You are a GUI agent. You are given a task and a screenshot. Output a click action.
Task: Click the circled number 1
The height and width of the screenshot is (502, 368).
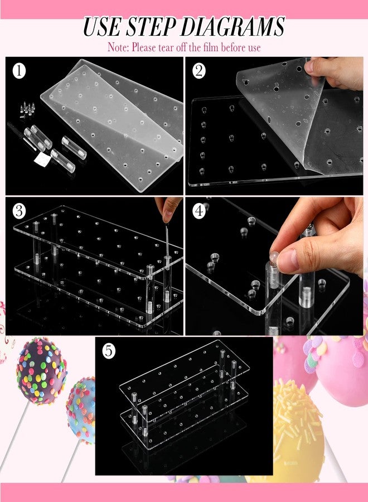(19, 71)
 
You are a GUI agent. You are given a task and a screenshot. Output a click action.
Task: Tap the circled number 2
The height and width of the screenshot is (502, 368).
(198, 71)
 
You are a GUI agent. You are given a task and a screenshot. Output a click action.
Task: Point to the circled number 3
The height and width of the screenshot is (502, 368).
(19, 211)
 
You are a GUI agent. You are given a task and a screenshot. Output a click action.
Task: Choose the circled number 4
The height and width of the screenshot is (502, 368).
(198, 211)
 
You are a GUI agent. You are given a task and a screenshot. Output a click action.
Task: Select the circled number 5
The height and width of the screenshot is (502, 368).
(109, 351)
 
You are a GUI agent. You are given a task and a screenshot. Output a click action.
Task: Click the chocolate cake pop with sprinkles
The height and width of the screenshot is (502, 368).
(41, 371)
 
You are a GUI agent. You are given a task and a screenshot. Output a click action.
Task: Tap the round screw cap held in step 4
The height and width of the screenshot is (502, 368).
(274, 256)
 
